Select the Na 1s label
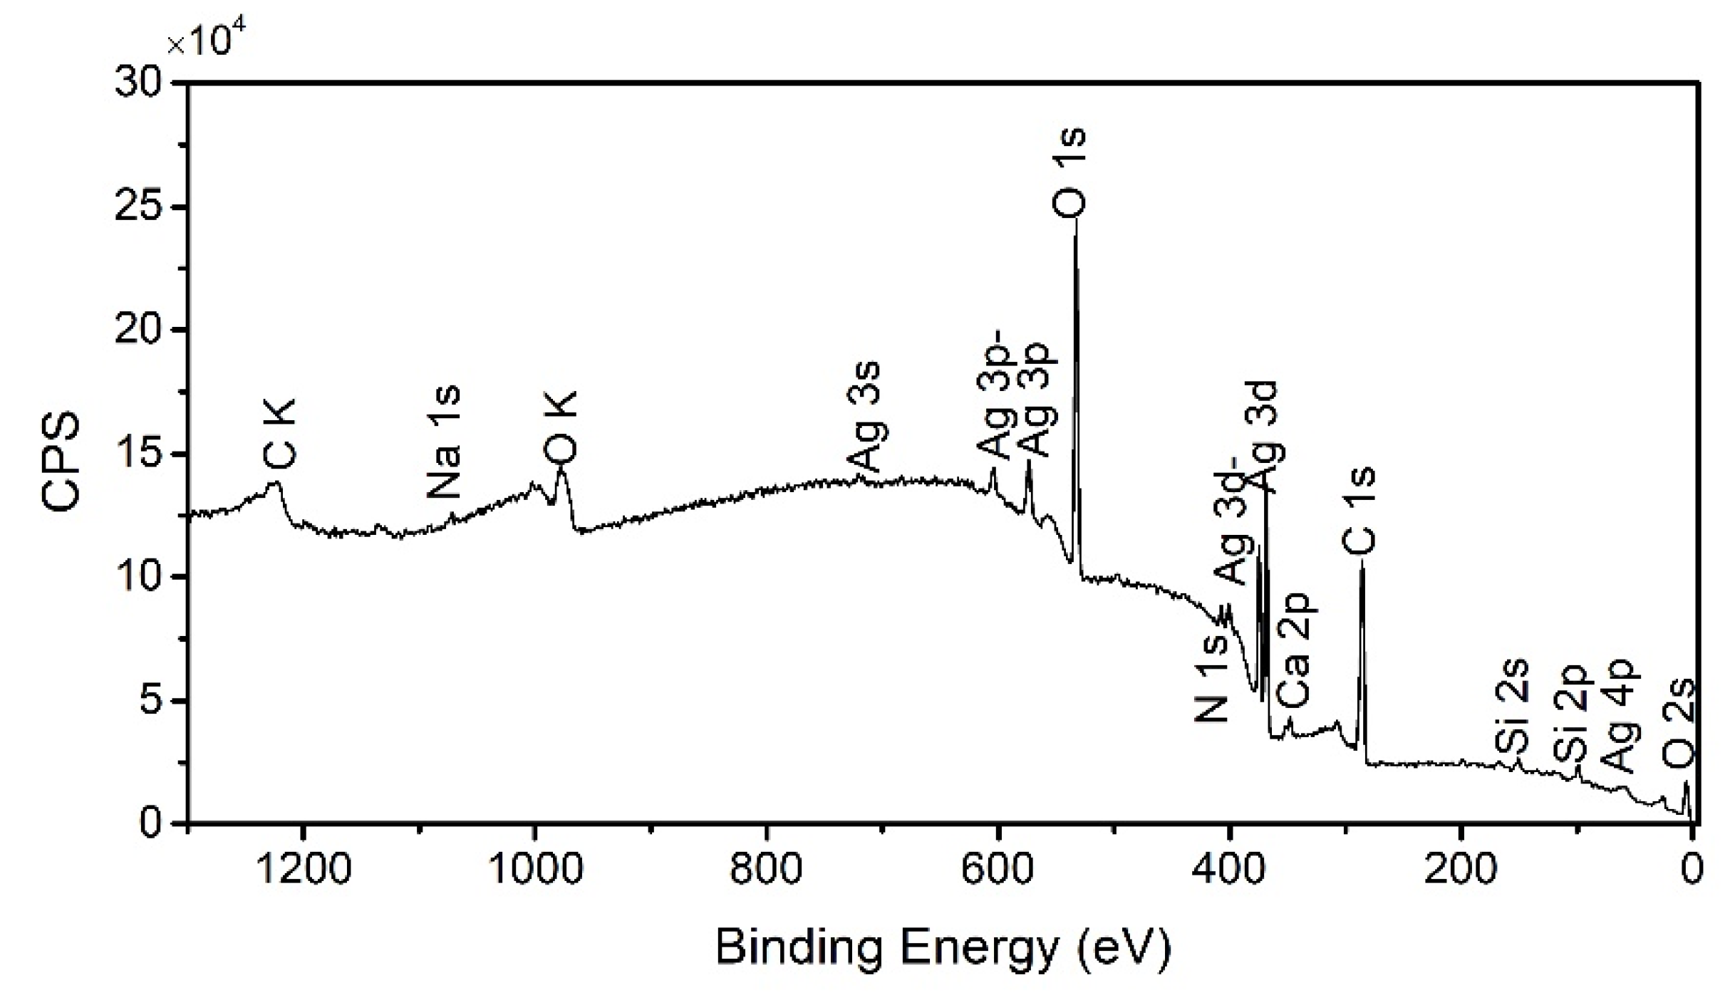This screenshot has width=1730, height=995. (445, 442)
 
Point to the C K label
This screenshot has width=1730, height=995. (279, 434)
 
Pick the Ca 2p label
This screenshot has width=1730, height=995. (1293, 649)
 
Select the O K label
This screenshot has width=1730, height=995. (560, 427)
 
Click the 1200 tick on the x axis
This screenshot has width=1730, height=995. (304, 870)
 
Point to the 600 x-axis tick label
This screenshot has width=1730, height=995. (998, 870)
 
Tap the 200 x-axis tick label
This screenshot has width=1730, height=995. (1460, 870)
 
